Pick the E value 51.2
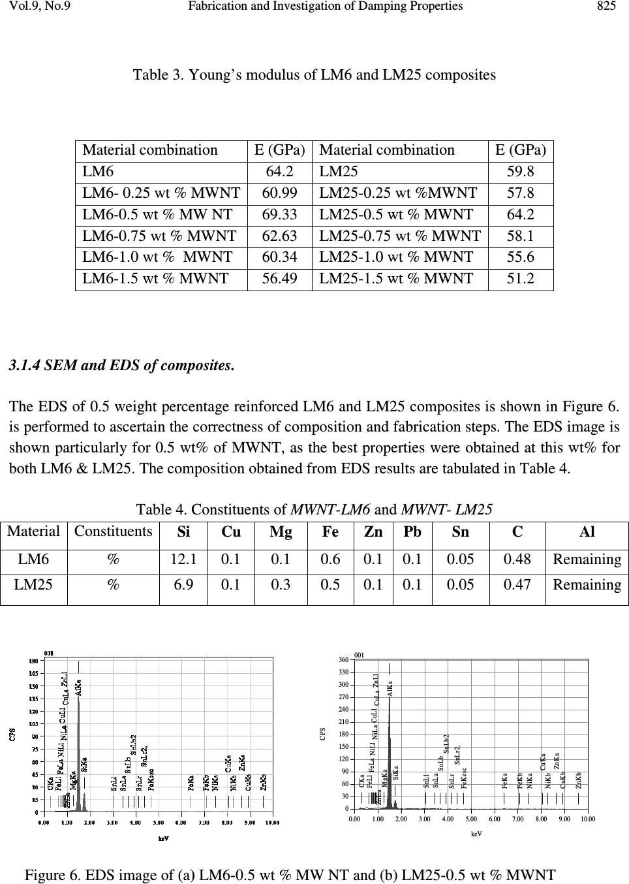[521, 279]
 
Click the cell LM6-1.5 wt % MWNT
[155, 279]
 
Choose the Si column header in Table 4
[184, 532]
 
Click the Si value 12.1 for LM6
[183, 560]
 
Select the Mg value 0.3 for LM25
[281, 585]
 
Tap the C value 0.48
[517, 560]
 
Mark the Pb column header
[412, 532]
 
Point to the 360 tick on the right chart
[343, 660]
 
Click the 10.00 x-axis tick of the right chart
[588, 818]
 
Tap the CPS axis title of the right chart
[322, 734]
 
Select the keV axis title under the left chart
[164, 839]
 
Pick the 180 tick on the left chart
[32, 661]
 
